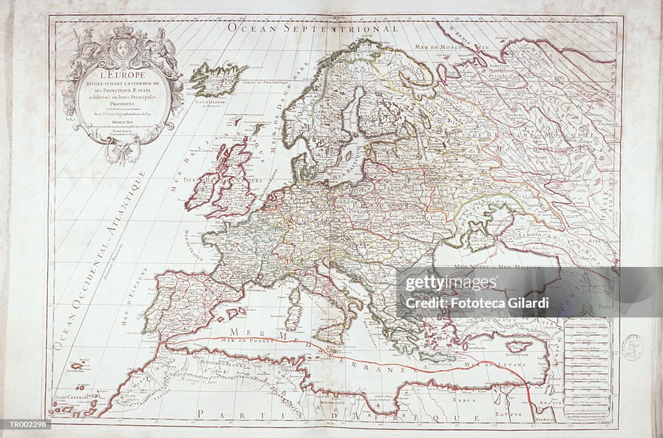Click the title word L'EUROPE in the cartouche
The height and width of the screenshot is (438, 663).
(x=122, y=75)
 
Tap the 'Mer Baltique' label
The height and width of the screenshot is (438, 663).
(x=345, y=174)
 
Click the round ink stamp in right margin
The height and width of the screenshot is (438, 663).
(x=632, y=347)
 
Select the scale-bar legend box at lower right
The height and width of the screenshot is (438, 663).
(x=586, y=369)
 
